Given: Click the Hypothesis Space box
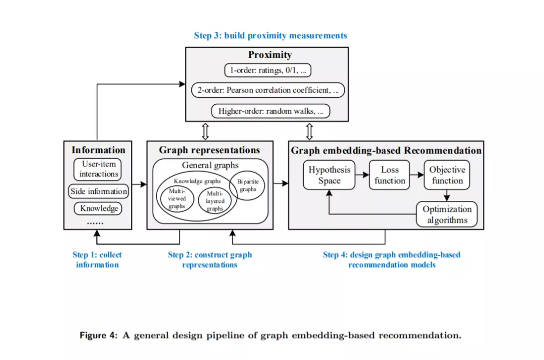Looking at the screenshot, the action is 329,175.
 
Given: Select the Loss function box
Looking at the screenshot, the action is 389,175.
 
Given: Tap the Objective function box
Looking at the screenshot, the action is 447,175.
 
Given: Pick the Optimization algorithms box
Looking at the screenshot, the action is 446,214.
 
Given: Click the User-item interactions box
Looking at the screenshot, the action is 98,169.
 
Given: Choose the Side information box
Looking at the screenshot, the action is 99,191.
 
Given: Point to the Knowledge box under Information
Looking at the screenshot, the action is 98,208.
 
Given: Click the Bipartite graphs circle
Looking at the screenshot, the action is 247,185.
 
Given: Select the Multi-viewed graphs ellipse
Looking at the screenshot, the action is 177,199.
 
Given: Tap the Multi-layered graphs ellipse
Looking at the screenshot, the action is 215,201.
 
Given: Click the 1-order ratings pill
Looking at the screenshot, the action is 267,70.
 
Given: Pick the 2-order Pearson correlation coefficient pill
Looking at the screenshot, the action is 268,90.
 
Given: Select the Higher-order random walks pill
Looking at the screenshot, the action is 270,111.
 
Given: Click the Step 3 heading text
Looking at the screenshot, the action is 270,35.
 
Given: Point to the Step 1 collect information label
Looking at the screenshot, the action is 97,260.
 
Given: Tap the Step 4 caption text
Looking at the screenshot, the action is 392,260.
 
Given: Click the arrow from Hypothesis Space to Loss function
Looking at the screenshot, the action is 362,175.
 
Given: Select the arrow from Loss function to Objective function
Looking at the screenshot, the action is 417,175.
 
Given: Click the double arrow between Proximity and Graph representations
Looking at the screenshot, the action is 206,131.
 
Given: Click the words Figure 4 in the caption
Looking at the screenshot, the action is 99,335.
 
